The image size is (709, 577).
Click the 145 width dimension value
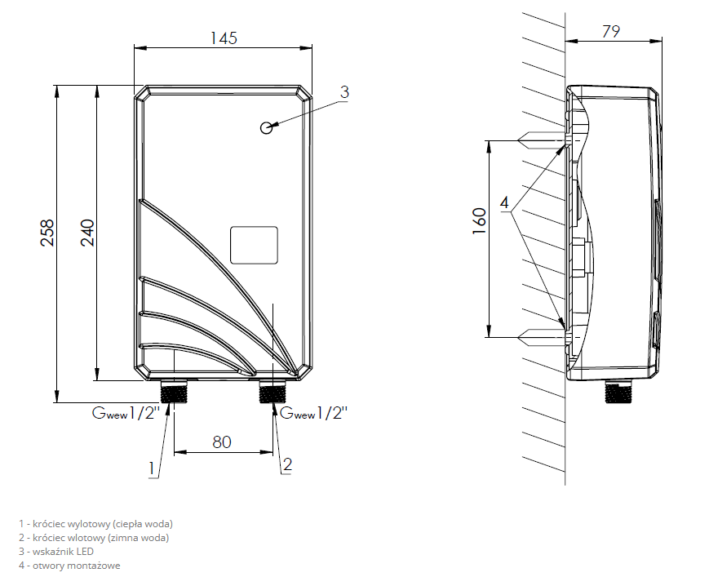click(224, 38)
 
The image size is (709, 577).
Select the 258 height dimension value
click(47, 233)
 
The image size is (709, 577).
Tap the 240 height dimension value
click(87, 233)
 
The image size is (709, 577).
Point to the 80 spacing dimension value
click(222, 442)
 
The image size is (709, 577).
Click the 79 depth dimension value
click(611, 31)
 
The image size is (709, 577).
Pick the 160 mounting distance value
click(479, 221)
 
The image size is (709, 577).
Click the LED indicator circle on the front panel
click(267, 128)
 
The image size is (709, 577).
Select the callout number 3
click(344, 91)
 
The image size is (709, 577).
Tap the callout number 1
click(153, 468)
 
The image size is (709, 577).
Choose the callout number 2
click(287, 464)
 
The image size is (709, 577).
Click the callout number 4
click(504, 202)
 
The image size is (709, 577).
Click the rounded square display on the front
click(254, 245)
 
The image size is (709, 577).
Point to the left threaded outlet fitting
click(174, 392)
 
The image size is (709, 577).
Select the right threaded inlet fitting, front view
click(273, 392)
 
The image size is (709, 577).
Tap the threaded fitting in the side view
click(619, 392)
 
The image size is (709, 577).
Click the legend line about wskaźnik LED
click(56, 551)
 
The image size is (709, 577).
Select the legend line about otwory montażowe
click(69, 566)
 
